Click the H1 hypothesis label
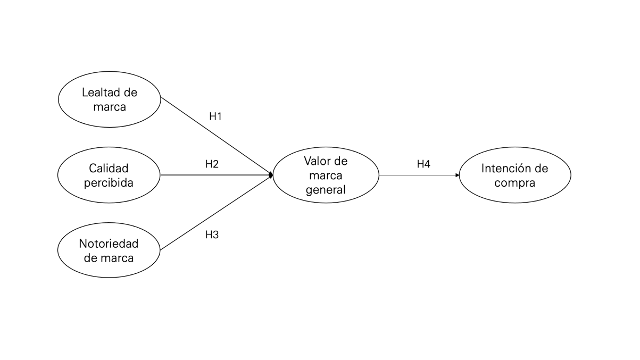click(x=215, y=117)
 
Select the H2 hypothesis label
click(x=212, y=164)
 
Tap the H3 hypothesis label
click(x=212, y=235)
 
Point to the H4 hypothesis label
click(x=423, y=164)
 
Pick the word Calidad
click(x=109, y=169)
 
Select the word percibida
click(x=109, y=183)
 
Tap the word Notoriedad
click(x=109, y=244)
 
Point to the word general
click(x=326, y=189)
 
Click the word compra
click(x=514, y=183)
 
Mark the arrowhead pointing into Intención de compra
click(x=457, y=175)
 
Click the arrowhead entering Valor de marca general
click(x=270, y=175)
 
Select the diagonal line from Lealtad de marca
click(x=215, y=136)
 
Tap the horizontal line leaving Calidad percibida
click(x=213, y=175)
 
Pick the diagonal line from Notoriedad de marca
click(x=215, y=212)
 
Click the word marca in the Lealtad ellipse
click(x=109, y=107)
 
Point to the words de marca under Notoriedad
click(x=109, y=258)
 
